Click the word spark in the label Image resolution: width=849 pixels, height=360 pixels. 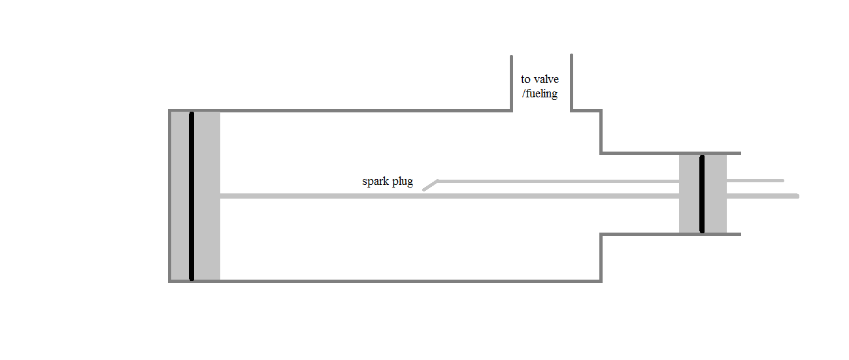point(376,182)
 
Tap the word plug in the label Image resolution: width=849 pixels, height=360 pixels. point(402,182)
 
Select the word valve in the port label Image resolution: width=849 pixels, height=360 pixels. point(546,79)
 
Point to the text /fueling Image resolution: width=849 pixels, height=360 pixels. point(539,93)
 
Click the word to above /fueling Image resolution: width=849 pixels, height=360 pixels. point(525,79)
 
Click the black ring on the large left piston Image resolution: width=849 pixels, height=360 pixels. point(191,196)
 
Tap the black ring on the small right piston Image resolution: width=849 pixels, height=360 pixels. point(702,193)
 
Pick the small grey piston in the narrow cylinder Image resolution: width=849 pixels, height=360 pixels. point(716,216)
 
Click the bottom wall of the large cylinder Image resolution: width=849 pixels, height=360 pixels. point(392,281)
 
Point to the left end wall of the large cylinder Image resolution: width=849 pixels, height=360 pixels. point(170,196)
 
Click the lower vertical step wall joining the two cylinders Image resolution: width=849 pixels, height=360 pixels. point(601,257)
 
